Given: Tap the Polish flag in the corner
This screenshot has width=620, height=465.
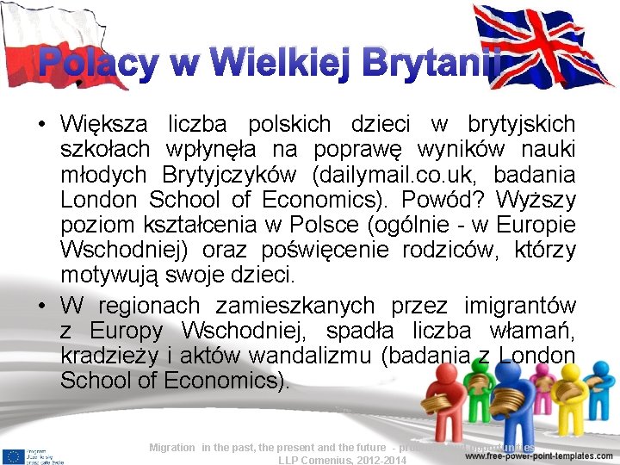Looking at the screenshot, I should pyautogui.click(x=43, y=39).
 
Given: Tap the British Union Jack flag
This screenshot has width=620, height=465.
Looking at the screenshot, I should pyautogui.click(x=542, y=47).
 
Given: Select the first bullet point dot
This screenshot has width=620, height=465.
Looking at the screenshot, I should pyautogui.click(x=41, y=125).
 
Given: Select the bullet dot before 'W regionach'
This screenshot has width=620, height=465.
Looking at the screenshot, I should pyautogui.click(x=41, y=306).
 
